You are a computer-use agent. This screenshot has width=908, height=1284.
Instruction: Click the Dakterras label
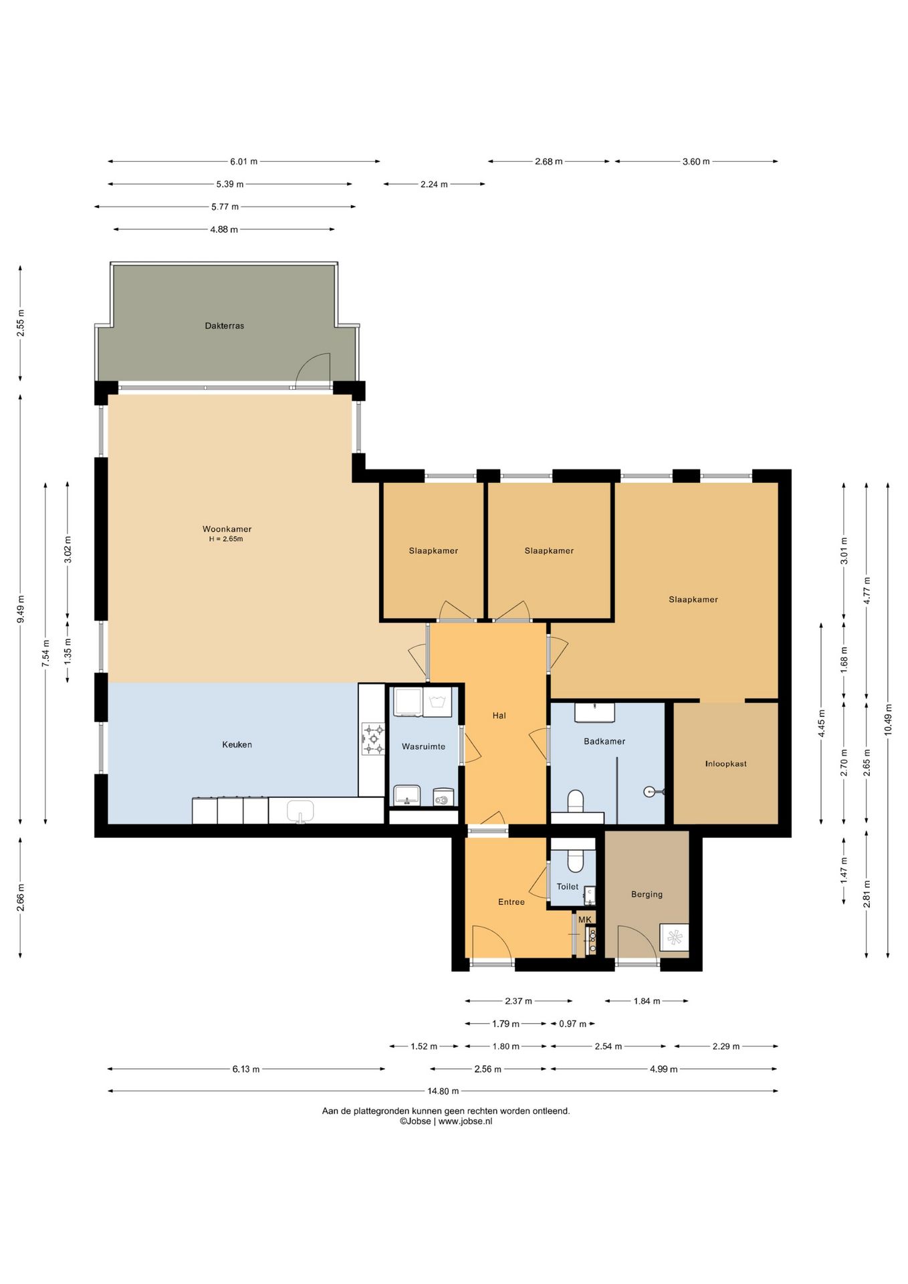pos(225,326)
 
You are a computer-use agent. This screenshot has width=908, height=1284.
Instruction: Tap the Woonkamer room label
pos(227,529)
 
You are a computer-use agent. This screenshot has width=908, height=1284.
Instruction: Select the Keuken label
pos(237,744)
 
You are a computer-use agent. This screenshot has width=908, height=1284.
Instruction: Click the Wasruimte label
pos(423,746)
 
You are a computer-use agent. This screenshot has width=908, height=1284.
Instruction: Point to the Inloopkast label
pos(726,764)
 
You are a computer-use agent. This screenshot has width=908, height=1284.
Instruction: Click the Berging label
pos(647,894)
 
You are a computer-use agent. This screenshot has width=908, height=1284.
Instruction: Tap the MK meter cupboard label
pos(585,920)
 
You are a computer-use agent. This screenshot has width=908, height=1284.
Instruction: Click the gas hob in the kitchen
pos(373,739)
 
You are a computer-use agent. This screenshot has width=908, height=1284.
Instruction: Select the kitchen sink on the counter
pos(300,811)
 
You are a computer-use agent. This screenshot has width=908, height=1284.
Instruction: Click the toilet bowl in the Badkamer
pos(576,800)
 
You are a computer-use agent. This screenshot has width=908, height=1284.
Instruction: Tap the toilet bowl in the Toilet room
pos(576,861)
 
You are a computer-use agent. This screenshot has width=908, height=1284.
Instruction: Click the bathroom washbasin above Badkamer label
pos(595,713)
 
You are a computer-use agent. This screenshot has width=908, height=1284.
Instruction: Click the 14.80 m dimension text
pos(443,1091)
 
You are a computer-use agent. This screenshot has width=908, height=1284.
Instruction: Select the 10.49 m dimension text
pos(888,720)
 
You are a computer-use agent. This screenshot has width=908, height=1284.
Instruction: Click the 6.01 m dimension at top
pos(244,161)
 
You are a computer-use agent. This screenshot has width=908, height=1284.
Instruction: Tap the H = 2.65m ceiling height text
pos(226,539)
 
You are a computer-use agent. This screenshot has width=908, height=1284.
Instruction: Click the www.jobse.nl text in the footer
pos(465,1121)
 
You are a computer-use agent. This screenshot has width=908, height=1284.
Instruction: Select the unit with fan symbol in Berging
pos(674,938)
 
